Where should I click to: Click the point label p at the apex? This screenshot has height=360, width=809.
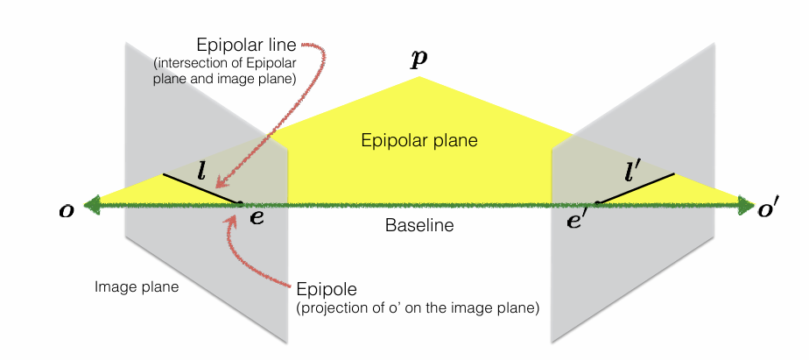point(419,60)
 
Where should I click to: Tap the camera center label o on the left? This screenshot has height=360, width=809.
point(67,211)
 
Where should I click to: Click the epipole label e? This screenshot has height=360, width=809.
point(257,217)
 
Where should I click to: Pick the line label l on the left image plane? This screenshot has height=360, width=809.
point(201,172)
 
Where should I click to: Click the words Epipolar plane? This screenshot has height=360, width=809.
point(419,140)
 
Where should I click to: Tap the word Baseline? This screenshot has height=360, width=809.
point(419,225)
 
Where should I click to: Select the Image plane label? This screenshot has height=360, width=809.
point(137,286)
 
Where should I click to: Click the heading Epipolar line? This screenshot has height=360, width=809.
point(247,46)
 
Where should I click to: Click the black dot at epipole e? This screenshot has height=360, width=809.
point(238,203)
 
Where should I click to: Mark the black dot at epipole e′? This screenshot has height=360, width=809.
point(598,203)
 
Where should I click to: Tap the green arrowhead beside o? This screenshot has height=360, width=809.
point(92,205)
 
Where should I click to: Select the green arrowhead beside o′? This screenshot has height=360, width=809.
point(746,205)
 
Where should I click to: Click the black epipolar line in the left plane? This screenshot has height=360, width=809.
point(200,188)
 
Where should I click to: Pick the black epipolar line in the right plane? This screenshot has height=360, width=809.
point(636,188)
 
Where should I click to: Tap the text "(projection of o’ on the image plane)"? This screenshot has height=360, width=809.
point(418,308)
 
